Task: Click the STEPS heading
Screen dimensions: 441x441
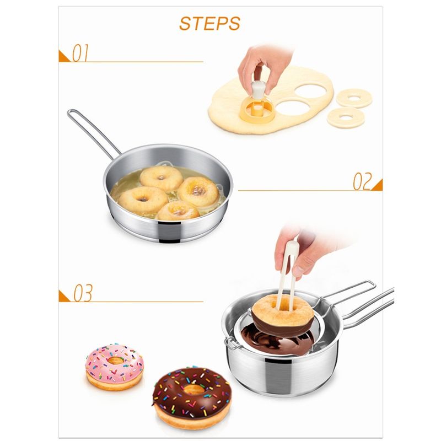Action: point(210,23)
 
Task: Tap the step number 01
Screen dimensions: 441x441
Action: point(80,53)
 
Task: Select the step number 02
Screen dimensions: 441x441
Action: point(362,181)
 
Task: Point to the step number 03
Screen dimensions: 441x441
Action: point(83,293)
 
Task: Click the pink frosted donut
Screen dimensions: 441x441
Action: point(115,367)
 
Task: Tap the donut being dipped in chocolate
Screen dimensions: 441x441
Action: point(283,314)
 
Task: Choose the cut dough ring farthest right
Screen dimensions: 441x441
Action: point(354,98)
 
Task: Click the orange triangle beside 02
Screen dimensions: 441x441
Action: point(378,185)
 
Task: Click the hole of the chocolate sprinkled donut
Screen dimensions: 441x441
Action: point(193,390)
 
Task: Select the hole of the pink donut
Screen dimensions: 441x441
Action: point(116,361)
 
